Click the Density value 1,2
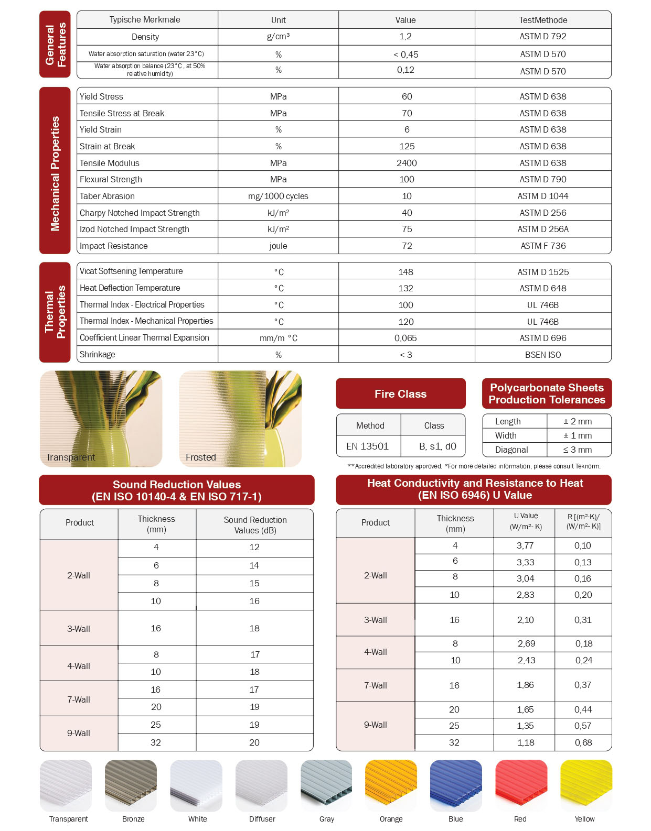[x=405, y=37]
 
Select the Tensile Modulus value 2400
[x=407, y=163]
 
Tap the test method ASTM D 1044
[x=543, y=196]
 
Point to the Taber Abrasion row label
[x=107, y=196]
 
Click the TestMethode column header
[x=543, y=20]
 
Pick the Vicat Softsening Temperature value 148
[x=405, y=272]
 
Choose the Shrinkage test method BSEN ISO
[x=543, y=355]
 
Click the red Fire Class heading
[x=400, y=394]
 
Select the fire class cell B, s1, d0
[x=437, y=446]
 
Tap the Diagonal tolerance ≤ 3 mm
[x=578, y=450]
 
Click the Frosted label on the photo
[x=201, y=457]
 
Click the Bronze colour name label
[x=133, y=819]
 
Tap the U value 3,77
[x=525, y=545]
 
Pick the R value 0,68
[x=583, y=742]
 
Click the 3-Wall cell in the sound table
[x=79, y=629]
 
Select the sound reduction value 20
[x=254, y=742]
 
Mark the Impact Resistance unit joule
[x=278, y=246]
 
